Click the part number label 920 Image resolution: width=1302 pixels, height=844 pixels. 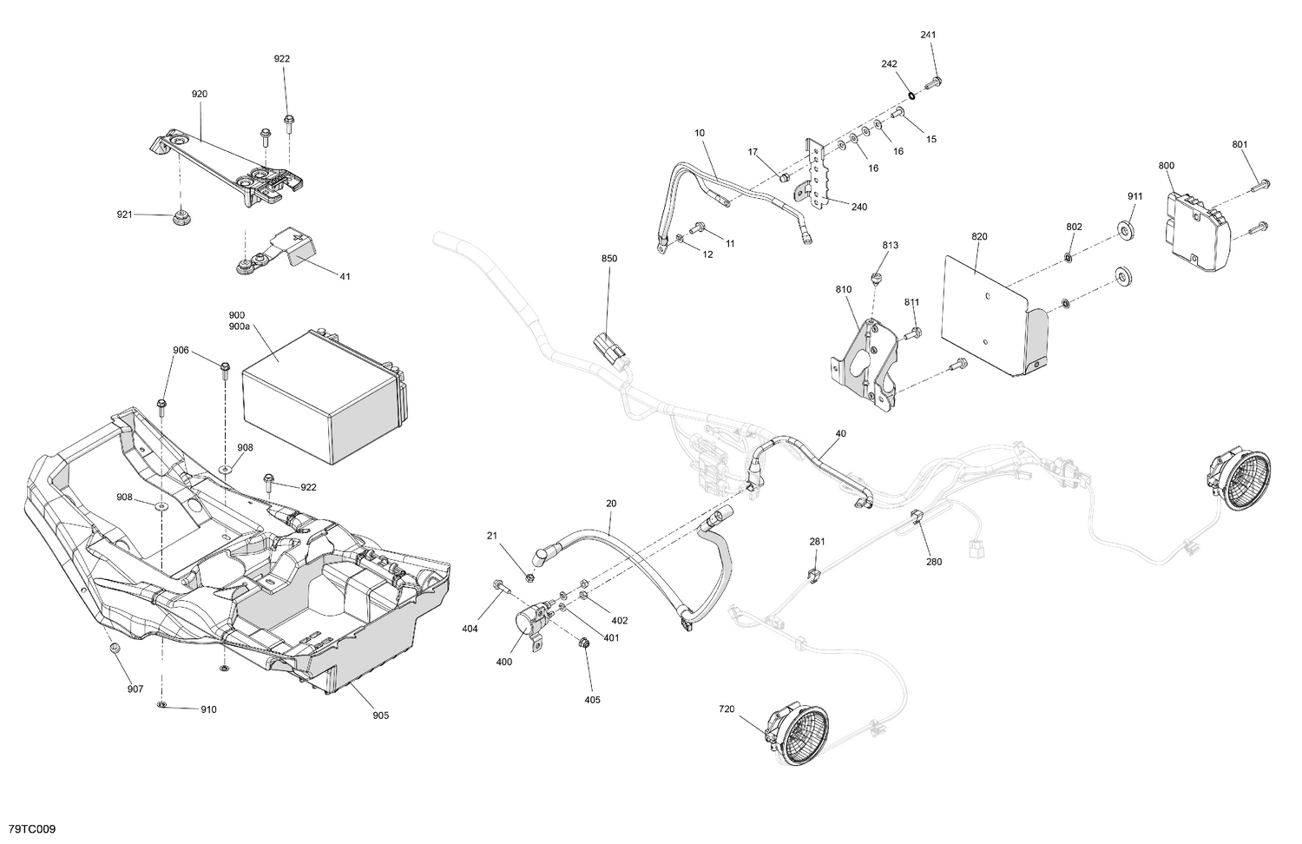(x=200, y=94)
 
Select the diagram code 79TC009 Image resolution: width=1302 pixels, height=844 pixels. (x=32, y=830)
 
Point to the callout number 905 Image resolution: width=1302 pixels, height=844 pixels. (x=380, y=715)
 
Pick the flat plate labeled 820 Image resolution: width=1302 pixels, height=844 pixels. (x=990, y=313)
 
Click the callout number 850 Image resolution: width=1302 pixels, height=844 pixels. (x=609, y=259)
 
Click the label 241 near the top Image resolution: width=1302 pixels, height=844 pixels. (x=929, y=35)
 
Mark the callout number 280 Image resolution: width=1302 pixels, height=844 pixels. (x=934, y=562)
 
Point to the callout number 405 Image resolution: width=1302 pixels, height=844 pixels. (x=592, y=700)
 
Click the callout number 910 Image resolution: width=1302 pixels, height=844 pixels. (x=208, y=709)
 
